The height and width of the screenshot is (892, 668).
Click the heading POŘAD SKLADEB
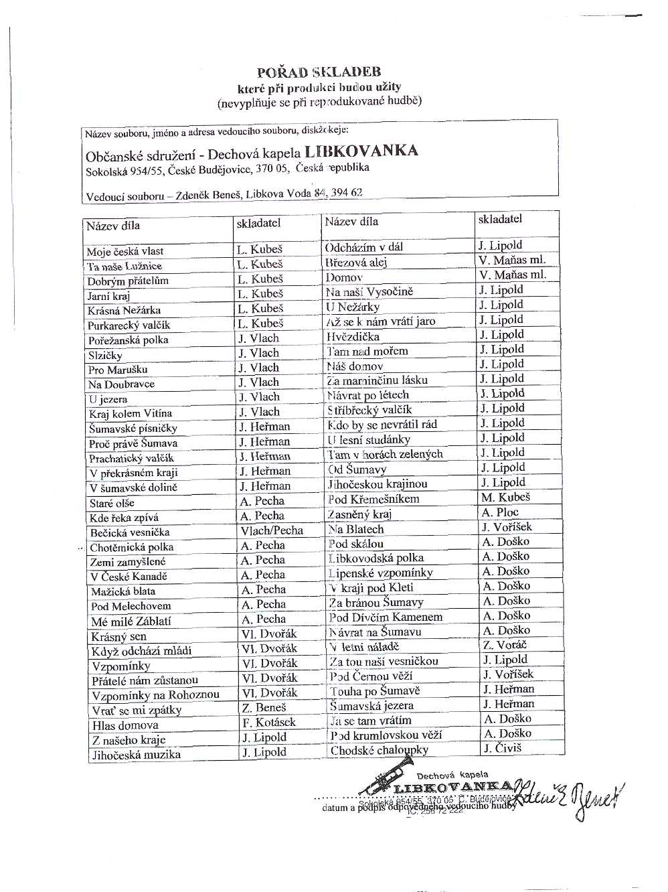tap(319, 72)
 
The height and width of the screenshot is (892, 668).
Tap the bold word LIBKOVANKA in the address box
tap(361, 151)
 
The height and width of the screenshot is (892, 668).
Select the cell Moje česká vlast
tap(125, 252)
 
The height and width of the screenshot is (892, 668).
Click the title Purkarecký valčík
tap(129, 325)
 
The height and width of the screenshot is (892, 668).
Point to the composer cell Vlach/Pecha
tap(272, 530)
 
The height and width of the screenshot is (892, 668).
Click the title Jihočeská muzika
tap(136, 755)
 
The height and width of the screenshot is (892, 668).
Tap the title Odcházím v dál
tap(364, 247)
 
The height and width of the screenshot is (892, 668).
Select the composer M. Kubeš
tap(505, 498)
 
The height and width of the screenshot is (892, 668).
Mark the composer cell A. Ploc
tap(500, 512)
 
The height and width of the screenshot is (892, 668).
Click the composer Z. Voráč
tap(505, 645)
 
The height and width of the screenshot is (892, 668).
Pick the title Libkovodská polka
tap(375, 558)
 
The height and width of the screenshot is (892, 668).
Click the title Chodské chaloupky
tap(379, 751)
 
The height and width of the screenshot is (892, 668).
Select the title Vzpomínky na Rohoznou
tap(155, 695)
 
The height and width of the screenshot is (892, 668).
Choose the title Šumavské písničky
tap(133, 429)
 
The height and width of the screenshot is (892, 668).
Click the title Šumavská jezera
tap(371, 706)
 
